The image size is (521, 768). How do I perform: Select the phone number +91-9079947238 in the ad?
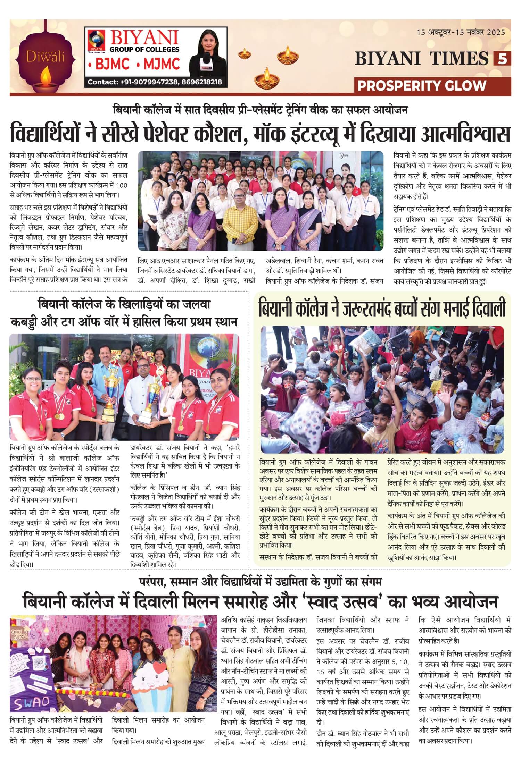pyautogui.click(x=149, y=82)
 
